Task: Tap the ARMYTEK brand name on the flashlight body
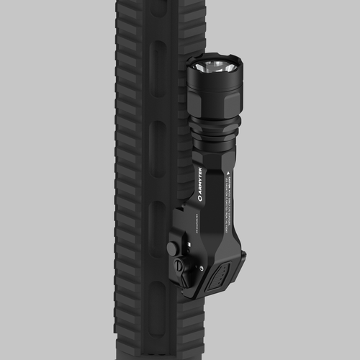199,179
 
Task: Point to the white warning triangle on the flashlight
228,174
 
